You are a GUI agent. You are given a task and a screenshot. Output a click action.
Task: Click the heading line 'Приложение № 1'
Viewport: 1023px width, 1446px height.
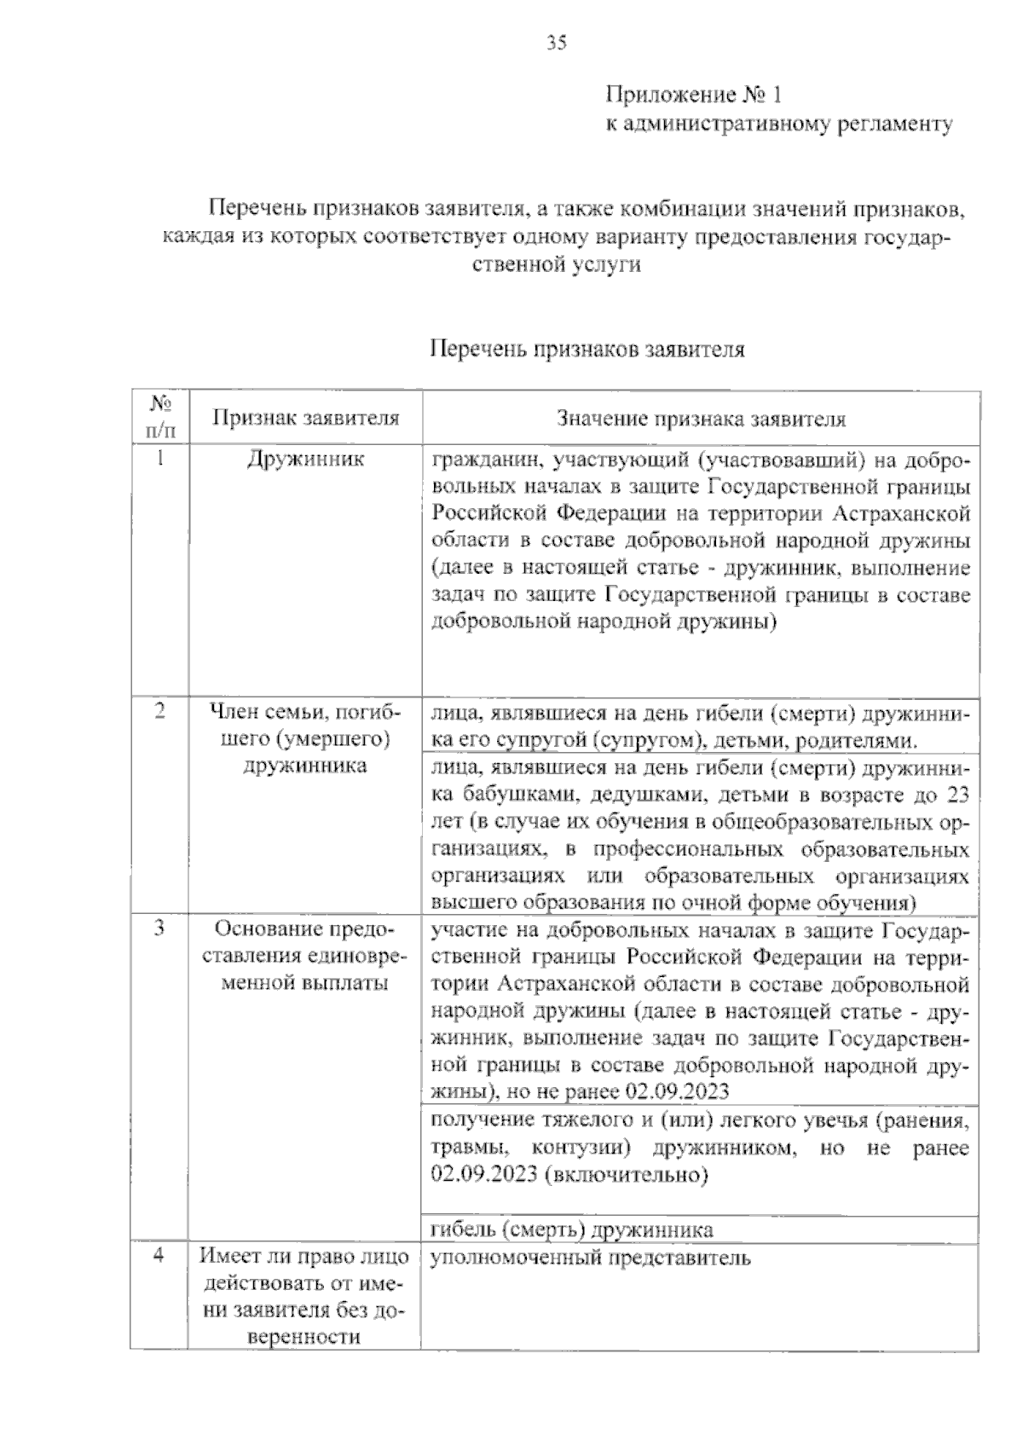pos(692,95)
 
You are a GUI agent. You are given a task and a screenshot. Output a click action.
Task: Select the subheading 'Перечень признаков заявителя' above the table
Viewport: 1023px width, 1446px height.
pos(587,350)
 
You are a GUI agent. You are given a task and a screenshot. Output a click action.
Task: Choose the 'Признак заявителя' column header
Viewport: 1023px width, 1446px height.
pos(305,419)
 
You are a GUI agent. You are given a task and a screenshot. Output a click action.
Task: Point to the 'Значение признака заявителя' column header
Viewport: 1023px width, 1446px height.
pos(701,419)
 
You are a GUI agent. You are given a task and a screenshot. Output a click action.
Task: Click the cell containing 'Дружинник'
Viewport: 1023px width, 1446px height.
pos(305,460)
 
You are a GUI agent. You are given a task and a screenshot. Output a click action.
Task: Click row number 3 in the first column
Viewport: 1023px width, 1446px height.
pos(159,928)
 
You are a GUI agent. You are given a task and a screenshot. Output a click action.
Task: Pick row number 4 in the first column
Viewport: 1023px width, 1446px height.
pos(159,1257)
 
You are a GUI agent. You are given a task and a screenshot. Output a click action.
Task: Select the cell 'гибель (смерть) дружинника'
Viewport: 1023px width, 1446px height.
pos(573,1230)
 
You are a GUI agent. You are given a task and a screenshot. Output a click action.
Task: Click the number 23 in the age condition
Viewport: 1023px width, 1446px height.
pos(957,797)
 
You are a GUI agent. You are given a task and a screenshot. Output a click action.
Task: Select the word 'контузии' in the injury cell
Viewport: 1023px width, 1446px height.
pos(581,1148)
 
